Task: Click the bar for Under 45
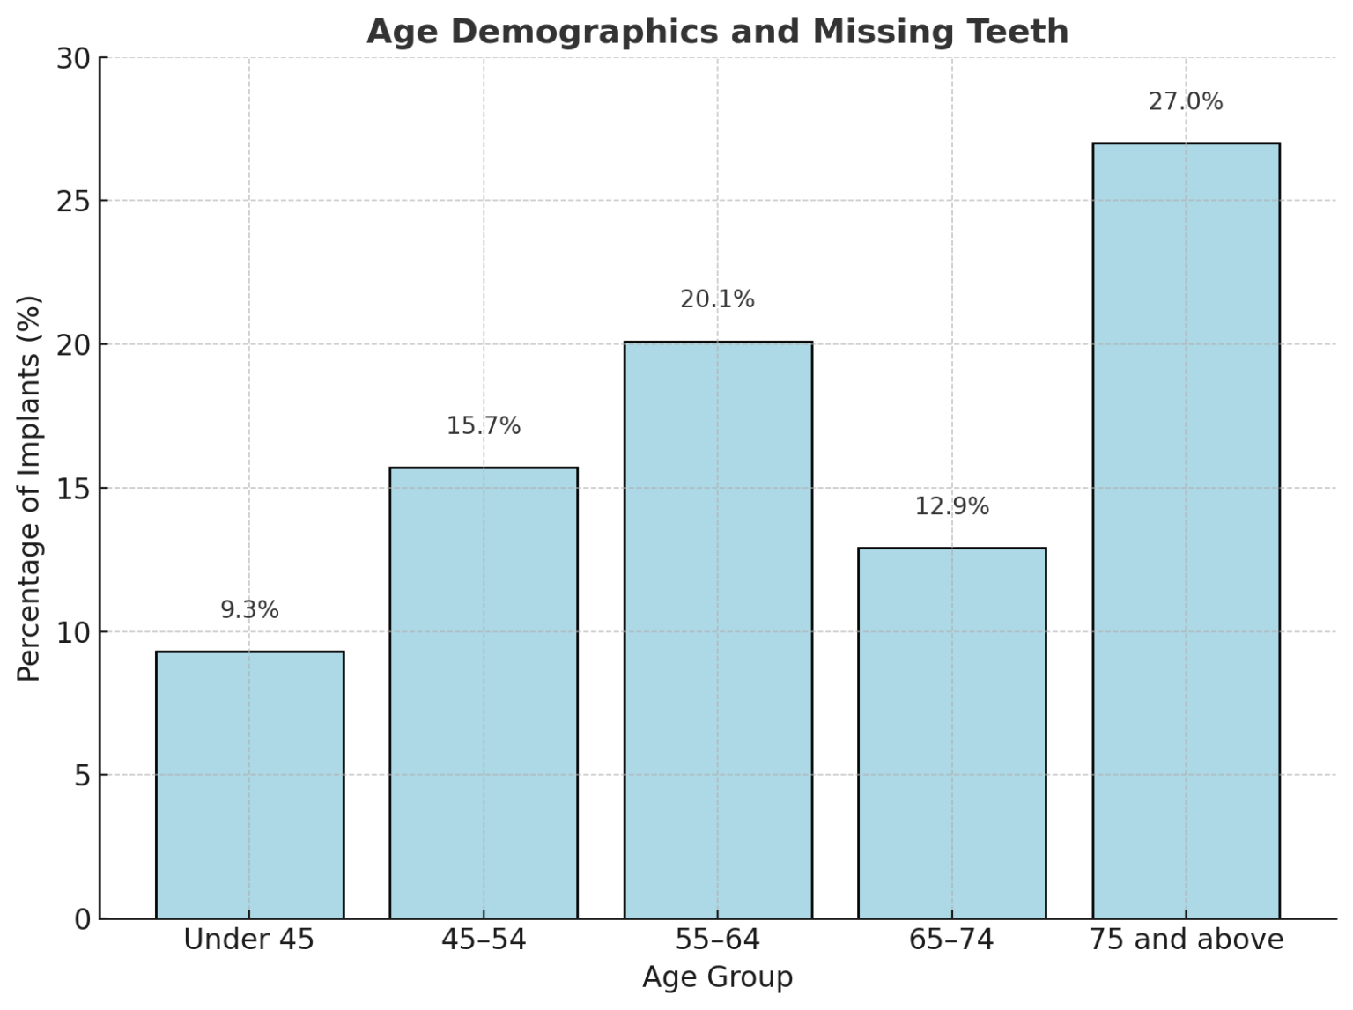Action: [249, 785]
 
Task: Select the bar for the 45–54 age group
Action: [484, 693]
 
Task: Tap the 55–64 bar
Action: [718, 630]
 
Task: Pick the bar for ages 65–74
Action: [952, 733]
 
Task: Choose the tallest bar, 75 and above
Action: [1186, 530]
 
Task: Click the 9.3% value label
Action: [249, 609]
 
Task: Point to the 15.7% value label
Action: [484, 426]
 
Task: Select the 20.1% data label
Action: [718, 299]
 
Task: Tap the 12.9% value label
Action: [952, 506]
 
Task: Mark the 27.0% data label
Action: [1186, 101]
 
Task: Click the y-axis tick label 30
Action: [74, 59]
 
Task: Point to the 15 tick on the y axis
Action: [74, 489]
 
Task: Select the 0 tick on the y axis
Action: [83, 919]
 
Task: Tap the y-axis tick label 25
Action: [74, 202]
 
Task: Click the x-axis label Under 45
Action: [248, 940]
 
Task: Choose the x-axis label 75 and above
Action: [1186, 940]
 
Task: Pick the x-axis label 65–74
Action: [951, 940]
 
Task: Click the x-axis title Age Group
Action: [717, 977]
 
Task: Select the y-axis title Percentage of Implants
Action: [29, 489]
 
